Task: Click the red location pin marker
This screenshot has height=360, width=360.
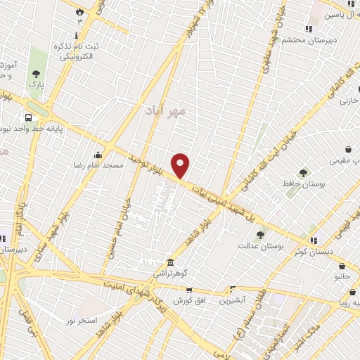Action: point(181,166)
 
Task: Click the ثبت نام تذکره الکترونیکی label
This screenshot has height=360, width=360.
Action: point(72,50)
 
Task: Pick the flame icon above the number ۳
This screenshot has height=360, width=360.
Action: point(79,12)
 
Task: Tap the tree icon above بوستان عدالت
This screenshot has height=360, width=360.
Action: point(260,235)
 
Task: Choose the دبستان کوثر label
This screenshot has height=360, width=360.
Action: point(323,251)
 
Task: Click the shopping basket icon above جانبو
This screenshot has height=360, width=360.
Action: point(342,266)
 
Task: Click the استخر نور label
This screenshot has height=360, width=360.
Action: point(80,320)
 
